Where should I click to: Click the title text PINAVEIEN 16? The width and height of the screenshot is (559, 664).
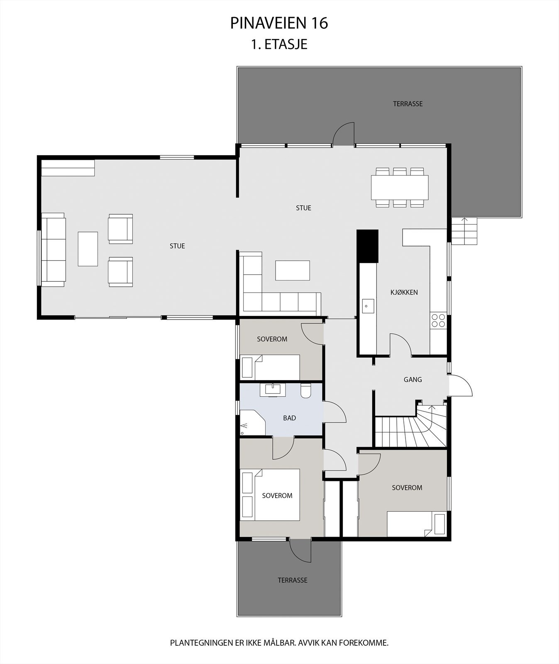279,23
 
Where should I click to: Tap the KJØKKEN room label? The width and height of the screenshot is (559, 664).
404,292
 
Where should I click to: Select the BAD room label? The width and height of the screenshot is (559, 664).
289,418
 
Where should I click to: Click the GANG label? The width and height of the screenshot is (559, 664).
413,379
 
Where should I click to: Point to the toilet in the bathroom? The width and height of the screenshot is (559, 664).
306,391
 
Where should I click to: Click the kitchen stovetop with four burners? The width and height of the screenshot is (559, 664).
438,321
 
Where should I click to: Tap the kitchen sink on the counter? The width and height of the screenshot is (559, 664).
367,306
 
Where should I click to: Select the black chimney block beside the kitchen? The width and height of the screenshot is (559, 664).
368,246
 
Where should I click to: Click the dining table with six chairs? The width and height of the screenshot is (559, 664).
399,187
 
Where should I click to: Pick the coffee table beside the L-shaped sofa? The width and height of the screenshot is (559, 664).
293,270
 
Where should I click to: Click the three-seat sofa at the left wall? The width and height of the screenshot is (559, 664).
53,249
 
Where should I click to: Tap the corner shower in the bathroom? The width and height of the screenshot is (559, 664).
251,422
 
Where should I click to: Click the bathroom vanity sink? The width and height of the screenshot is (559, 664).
273,390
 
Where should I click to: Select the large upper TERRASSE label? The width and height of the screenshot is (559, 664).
408,104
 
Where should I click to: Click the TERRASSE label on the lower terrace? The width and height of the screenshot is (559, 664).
293,580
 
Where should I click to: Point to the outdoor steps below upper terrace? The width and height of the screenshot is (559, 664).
464,232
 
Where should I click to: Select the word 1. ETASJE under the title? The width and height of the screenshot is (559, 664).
279,44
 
